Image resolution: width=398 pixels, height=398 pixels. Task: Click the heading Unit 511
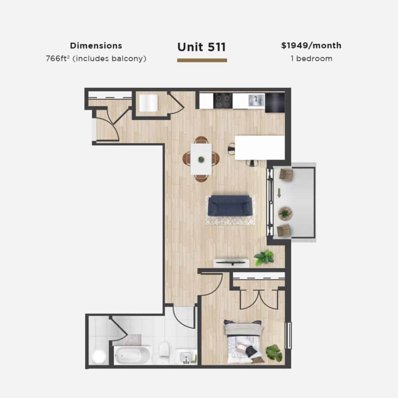pos(202,47)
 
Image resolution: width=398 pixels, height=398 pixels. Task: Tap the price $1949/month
pos(311,45)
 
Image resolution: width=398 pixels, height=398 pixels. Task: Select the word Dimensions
pos(96,46)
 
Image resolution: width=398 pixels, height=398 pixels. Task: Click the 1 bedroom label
pos(311,59)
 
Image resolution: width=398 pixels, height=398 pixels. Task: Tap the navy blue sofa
pos(230,206)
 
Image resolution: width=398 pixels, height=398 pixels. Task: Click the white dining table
pos(201,159)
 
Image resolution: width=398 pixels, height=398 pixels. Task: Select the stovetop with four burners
pos(223,101)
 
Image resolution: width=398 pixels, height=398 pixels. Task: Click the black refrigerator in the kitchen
pos(275,102)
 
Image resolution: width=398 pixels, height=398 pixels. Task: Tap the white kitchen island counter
pos(260,148)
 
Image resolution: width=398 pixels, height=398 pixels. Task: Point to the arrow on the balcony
pos(279,193)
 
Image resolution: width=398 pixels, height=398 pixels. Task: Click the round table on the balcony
pos(285,214)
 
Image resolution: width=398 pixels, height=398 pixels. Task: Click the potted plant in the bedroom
pos(274,353)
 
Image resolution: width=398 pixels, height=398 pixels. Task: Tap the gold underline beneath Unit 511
pos(202,60)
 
